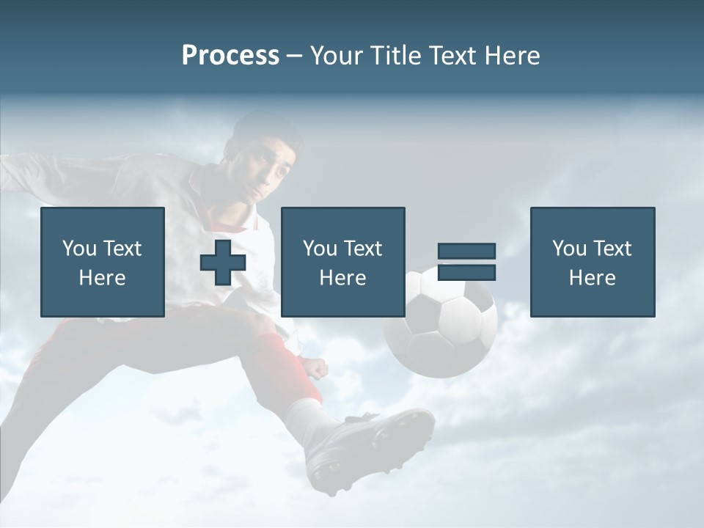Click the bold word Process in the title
(x=230, y=56)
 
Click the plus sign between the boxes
(x=223, y=262)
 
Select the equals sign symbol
(x=466, y=262)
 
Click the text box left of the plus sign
(x=103, y=262)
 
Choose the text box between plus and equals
(x=342, y=262)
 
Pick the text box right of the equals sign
(x=592, y=262)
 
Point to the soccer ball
(x=441, y=323)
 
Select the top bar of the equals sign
(x=466, y=252)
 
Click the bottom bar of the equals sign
(x=466, y=272)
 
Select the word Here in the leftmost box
(x=103, y=277)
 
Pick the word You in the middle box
(x=320, y=249)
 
